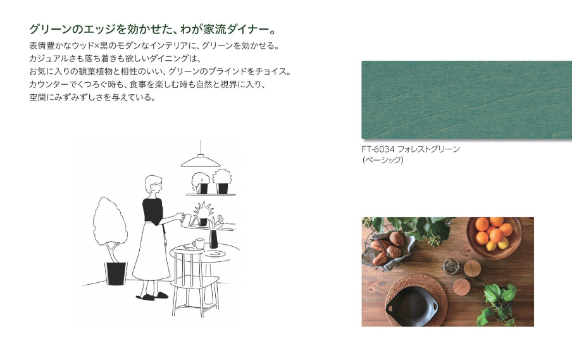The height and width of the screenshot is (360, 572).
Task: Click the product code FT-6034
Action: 378,149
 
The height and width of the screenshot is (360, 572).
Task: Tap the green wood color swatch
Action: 466,100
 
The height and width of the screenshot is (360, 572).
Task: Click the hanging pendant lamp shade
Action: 201,161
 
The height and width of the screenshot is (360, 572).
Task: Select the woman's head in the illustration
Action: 153,185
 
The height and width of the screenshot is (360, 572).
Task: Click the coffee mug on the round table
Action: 199,244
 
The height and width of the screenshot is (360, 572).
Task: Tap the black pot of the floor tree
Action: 116,273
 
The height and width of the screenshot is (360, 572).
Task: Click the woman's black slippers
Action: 152,297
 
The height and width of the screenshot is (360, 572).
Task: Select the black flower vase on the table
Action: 213,239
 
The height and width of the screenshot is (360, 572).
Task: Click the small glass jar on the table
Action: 451,266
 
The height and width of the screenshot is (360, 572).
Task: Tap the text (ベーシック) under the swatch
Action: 383,160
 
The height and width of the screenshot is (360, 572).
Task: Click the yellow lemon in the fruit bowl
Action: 503,244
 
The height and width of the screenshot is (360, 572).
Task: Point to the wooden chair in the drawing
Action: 195,281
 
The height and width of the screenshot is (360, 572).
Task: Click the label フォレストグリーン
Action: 428,149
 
